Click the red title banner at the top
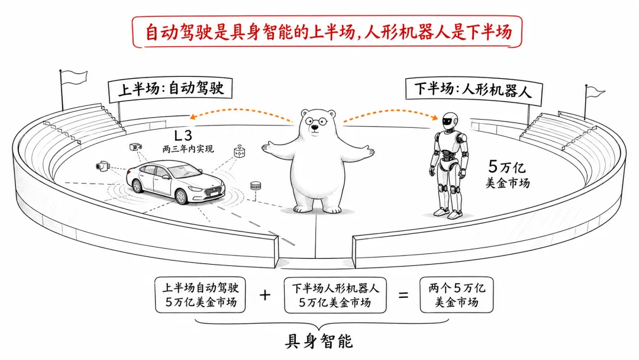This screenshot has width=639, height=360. (327, 32)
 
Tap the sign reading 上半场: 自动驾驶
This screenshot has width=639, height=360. (170, 88)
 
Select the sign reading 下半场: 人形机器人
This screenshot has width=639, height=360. (474, 90)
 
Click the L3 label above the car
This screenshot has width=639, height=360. (183, 136)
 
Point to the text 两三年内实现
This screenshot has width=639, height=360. (188, 149)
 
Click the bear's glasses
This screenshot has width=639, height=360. (315, 121)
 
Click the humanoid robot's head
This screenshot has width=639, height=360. (450, 121)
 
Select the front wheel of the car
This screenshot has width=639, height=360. (180, 197)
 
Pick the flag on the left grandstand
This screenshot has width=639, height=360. (74, 76)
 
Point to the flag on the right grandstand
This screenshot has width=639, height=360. (595, 92)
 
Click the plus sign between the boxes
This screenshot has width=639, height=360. (265, 295)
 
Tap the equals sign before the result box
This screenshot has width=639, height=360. (403, 295)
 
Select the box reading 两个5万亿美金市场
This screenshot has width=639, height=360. (456, 295)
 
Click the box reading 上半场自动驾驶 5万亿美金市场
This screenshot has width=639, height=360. (201, 295)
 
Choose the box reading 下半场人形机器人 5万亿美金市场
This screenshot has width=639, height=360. (335, 295)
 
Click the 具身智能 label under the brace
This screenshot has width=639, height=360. (319, 341)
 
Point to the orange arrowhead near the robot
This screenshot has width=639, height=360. (435, 117)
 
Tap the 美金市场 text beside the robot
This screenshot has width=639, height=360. (508, 182)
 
